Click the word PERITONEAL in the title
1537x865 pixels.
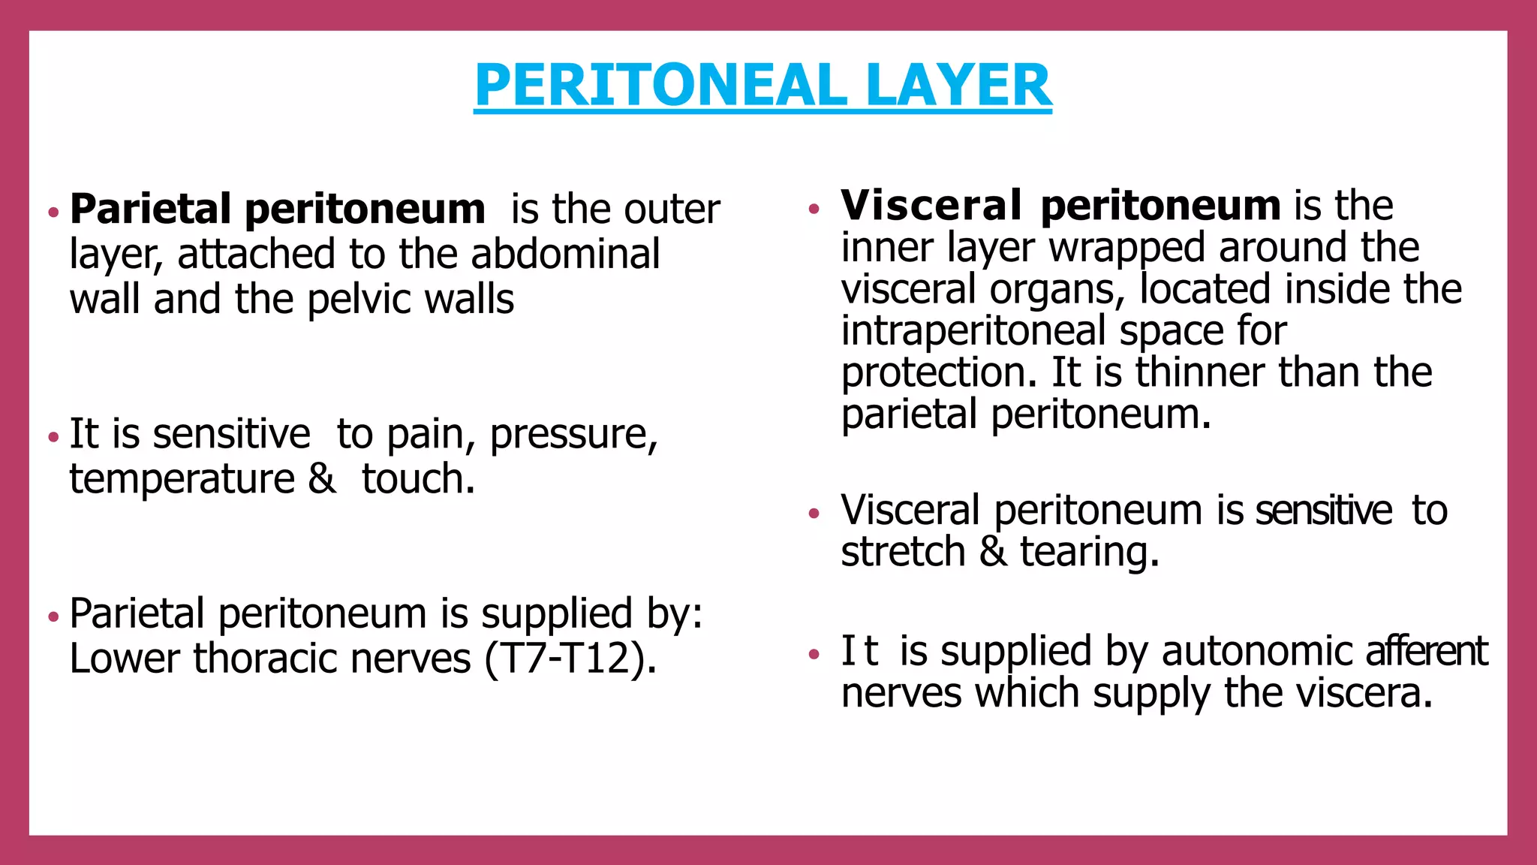[x=661, y=86]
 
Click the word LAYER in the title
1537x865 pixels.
[x=958, y=86]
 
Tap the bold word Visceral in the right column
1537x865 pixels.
[x=931, y=205]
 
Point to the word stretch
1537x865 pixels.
[x=903, y=552]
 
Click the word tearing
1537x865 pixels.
[x=1089, y=553]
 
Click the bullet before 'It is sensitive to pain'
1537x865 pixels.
[x=53, y=436]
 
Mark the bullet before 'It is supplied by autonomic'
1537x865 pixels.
[x=815, y=654]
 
